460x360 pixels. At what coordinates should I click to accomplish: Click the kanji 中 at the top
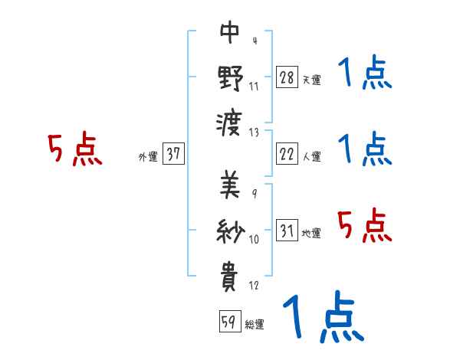[x=231, y=33]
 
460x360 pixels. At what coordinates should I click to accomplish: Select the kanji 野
[x=231, y=77]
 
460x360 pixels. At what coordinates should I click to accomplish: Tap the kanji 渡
[x=231, y=120]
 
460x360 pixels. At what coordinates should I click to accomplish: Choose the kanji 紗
[x=231, y=231]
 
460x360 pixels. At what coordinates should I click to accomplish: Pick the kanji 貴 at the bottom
[x=231, y=274]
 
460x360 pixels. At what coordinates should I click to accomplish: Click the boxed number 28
[x=287, y=77]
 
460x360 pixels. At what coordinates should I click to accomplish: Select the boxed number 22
[x=287, y=154]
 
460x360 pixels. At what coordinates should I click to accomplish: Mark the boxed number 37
[x=173, y=154]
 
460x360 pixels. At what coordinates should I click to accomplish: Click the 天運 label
[x=311, y=79]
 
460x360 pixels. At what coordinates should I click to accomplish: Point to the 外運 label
[x=148, y=156]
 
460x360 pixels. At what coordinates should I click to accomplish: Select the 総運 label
[x=255, y=324]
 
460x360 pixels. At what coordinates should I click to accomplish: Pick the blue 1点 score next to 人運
[x=364, y=149]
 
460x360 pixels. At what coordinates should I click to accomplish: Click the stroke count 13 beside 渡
[x=255, y=131]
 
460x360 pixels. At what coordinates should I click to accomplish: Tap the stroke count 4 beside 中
[x=254, y=41]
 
